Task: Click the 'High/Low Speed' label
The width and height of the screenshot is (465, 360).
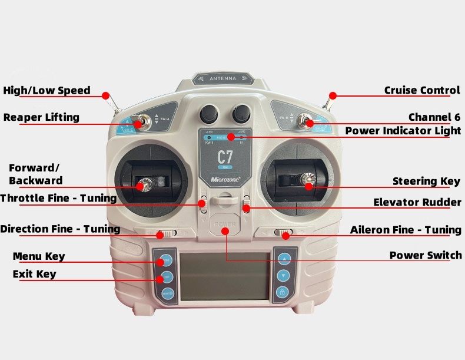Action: pyautogui.click(x=46, y=90)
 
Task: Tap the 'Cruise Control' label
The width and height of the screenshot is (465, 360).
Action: pyautogui.click(x=421, y=90)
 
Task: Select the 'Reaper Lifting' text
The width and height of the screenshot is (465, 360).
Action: pyautogui.click(x=41, y=117)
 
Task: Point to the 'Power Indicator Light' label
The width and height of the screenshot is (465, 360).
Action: pyautogui.click(x=403, y=131)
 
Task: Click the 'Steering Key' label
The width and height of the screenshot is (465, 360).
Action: pyautogui.click(x=426, y=181)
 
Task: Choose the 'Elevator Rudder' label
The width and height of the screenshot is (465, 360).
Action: pyautogui.click(x=417, y=203)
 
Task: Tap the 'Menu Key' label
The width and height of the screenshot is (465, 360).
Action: pyautogui.click(x=39, y=256)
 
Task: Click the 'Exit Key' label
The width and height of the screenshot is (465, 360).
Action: pyautogui.click(x=35, y=274)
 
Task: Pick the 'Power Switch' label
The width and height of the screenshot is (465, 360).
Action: pyautogui.click(x=426, y=255)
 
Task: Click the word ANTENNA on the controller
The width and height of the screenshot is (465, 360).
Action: pyautogui.click(x=222, y=78)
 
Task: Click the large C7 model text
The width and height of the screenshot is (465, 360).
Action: pyautogui.click(x=225, y=157)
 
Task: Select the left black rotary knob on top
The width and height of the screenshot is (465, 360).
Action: pyautogui.click(x=209, y=113)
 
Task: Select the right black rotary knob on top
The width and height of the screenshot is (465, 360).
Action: pyautogui.click(x=241, y=113)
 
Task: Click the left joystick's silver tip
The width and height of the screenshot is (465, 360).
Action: pyautogui.click(x=142, y=185)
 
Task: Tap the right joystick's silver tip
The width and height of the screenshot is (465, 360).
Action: pyautogui.click(x=307, y=179)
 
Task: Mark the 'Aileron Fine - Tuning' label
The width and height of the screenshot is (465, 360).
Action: pyautogui.click(x=406, y=230)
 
